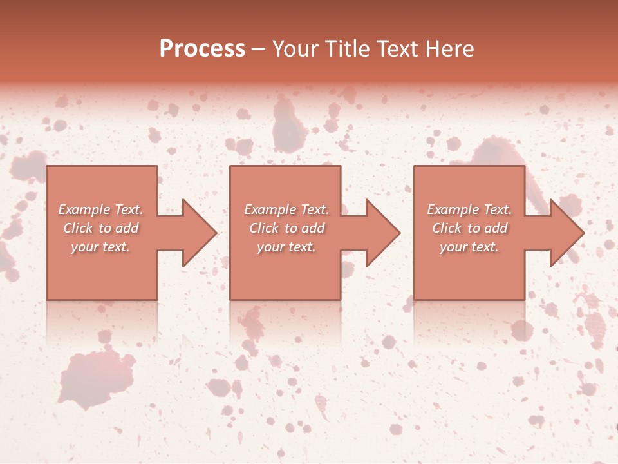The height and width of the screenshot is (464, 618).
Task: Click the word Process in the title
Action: point(202,49)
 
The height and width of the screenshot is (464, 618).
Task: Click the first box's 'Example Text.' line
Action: point(100,209)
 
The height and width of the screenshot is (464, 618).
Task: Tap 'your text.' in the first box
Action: point(100,247)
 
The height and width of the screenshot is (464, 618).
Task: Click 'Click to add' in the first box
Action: point(100,228)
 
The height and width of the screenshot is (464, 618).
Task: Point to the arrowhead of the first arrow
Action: point(199,233)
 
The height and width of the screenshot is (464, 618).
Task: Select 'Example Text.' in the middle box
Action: point(286,209)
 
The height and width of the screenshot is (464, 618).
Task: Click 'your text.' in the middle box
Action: point(286,247)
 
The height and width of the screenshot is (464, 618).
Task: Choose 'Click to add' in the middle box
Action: point(286,228)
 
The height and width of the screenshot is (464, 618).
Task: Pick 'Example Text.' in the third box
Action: point(469,209)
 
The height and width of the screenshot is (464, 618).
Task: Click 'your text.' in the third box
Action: point(469,247)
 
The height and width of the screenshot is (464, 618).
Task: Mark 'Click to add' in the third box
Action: point(469,228)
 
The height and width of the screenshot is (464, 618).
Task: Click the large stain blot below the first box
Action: point(97,377)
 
